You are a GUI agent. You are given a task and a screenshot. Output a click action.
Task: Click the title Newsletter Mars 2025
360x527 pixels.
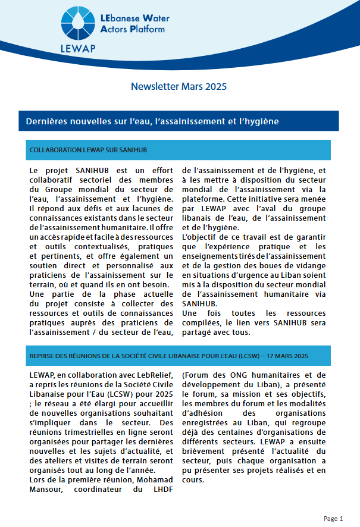pyautogui.click(x=179, y=87)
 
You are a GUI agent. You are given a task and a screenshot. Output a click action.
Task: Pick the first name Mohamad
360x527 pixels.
pyautogui.click(x=152, y=479)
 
